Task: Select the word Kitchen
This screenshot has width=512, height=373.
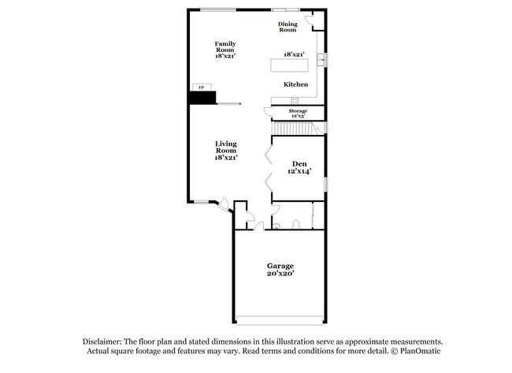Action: tap(295, 84)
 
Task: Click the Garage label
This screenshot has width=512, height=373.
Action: tap(280, 266)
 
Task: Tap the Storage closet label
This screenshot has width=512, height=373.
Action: tap(298, 111)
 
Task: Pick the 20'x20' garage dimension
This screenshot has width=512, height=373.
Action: tap(280, 274)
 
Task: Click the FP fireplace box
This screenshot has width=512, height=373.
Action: tap(199, 87)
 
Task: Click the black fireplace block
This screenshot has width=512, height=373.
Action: tap(202, 97)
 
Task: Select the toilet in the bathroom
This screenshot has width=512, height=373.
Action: tap(276, 226)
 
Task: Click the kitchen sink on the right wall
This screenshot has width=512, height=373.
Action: tap(321, 60)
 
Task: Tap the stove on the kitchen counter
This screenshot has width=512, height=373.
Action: tap(293, 99)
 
